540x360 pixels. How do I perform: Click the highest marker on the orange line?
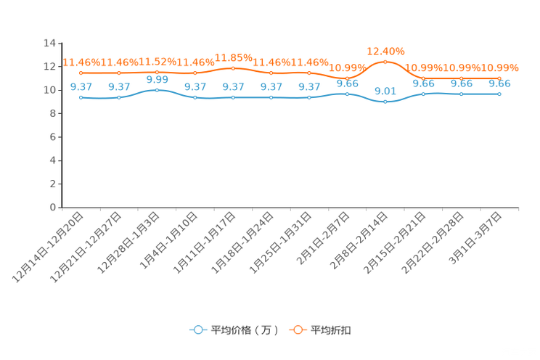pyautogui.click(x=385, y=62)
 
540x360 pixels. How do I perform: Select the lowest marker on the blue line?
pyautogui.click(x=385, y=102)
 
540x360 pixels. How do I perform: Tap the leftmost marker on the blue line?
pyautogui.click(x=81, y=97)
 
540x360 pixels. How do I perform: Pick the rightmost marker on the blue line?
pyautogui.click(x=499, y=94)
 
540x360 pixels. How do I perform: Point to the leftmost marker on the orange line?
pyautogui.click(x=81, y=73)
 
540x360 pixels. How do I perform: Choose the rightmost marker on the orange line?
pyautogui.click(x=499, y=78)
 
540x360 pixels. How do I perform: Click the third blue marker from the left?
pyautogui.click(x=157, y=90)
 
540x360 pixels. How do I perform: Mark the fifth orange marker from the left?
pyautogui.click(x=233, y=68)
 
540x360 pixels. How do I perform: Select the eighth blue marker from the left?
pyautogui.click(x=347, y=94)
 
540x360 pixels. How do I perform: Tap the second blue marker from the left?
pyautogui.click(x=119, y=97)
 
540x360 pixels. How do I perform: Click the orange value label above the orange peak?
pyautogui.click(x=385, y=51)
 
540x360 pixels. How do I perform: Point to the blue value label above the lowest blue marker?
pyautogui.click(x=385, y=91)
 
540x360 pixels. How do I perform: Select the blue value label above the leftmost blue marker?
pyautogui.click(x=81, y=86)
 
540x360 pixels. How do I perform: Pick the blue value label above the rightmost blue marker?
pyautogui.click(x=499, y=83)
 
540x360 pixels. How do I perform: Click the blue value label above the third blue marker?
pyautogui.click(x=157, y=79)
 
